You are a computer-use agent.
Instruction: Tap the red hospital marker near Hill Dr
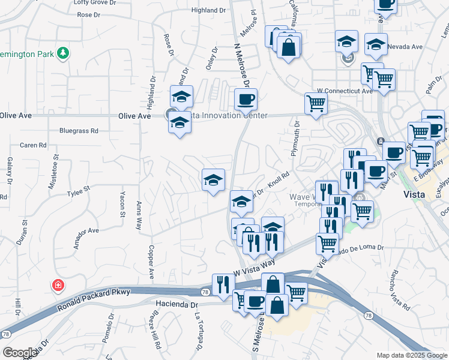click(x=58, y=285)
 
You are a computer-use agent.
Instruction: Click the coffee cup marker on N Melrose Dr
click(x=245, y=99)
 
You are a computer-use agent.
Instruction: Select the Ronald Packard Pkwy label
click(x=94, y=299)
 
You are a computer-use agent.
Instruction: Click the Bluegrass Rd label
click(x=78, y=130)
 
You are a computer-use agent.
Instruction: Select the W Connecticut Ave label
click(x=345, y=91)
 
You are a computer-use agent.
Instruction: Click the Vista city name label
click(x=414, y=195)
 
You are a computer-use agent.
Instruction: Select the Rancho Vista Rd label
click(x=400, y=290)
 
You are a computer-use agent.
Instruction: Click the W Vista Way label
click(x=254, y=268)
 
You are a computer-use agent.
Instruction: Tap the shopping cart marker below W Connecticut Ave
click(x=315, y=103)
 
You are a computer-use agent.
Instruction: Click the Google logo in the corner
click(x=20, y=352)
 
